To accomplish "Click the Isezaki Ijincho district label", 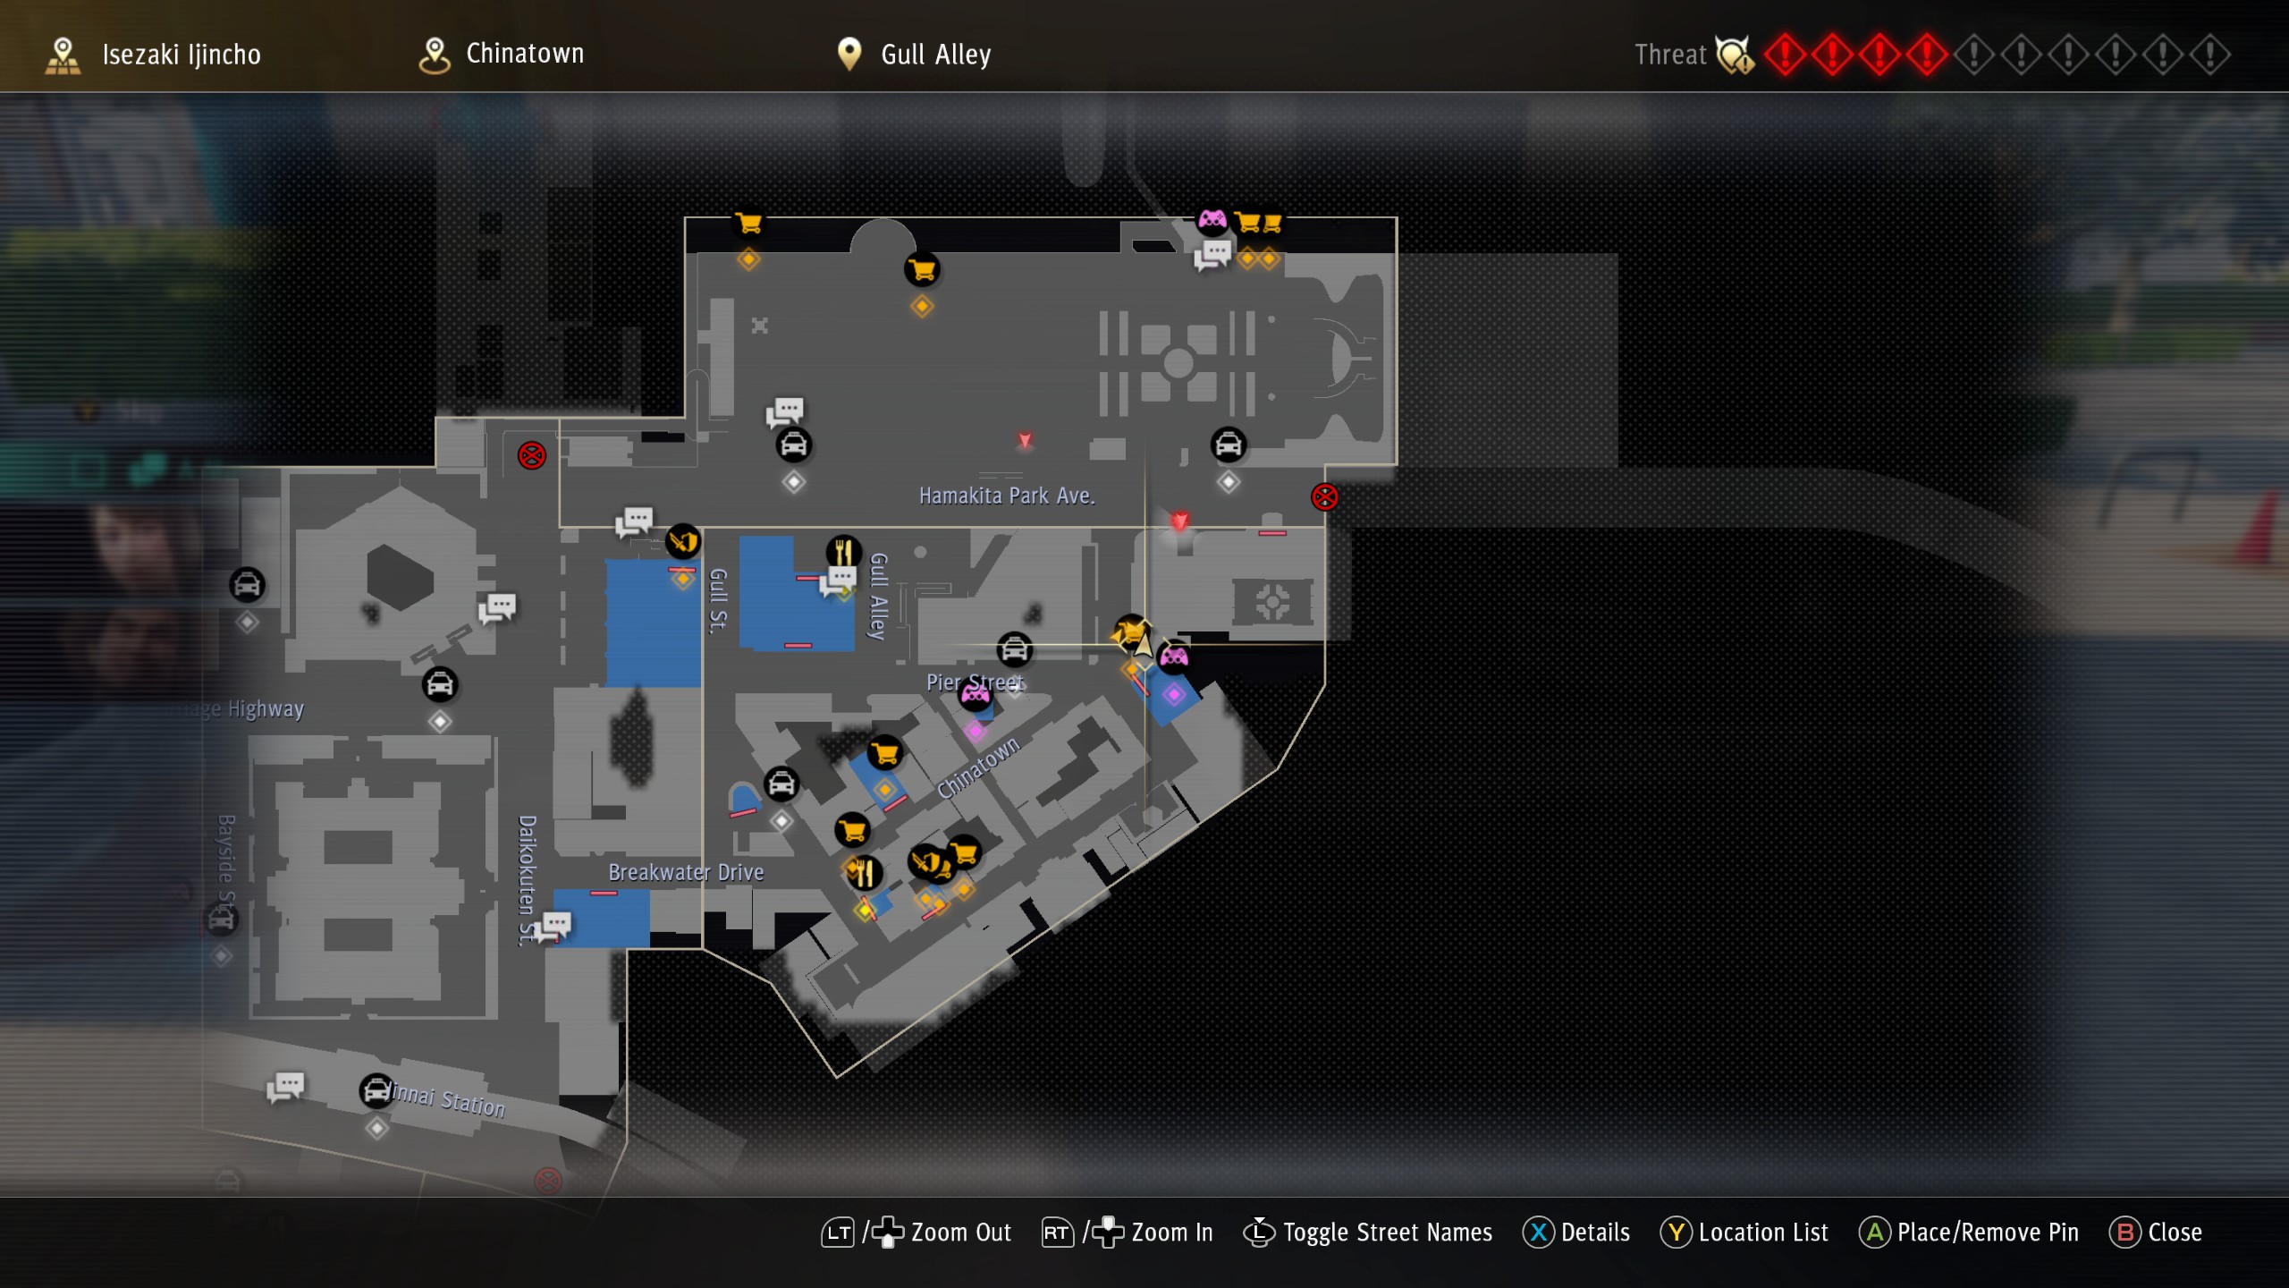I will click(x=181, y=55).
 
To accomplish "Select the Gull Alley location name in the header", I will click(x=935, y=55).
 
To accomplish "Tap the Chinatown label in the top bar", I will click(x=525, y=54).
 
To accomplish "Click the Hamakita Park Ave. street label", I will click(x=1007, y=496).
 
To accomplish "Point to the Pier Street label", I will click(x=975, y=682).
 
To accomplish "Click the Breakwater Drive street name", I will click(x=686, y=872).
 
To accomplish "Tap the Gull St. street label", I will click(x=718, y=600).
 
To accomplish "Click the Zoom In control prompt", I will click(x=1171, y=1233).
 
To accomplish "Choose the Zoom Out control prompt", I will click(x=960, y=1233).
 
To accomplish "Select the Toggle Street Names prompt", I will click(x=1387, y=1233).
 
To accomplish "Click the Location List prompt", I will click(x=1762, y=1233).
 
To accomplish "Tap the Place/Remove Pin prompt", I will click(x=1987, y=1233).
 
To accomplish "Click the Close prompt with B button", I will click(x=2174, y=1233).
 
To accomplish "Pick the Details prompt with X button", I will click(x=1594, y=1233).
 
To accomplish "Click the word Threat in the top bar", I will click(x=1670, y=55).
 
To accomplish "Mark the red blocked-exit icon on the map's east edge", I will click(x=1324, y=496).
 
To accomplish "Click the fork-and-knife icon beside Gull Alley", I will click(x=843, y=551).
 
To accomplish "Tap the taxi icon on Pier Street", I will click(x=1015, y=649).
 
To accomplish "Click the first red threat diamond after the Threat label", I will click(x=1785, y=55).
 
